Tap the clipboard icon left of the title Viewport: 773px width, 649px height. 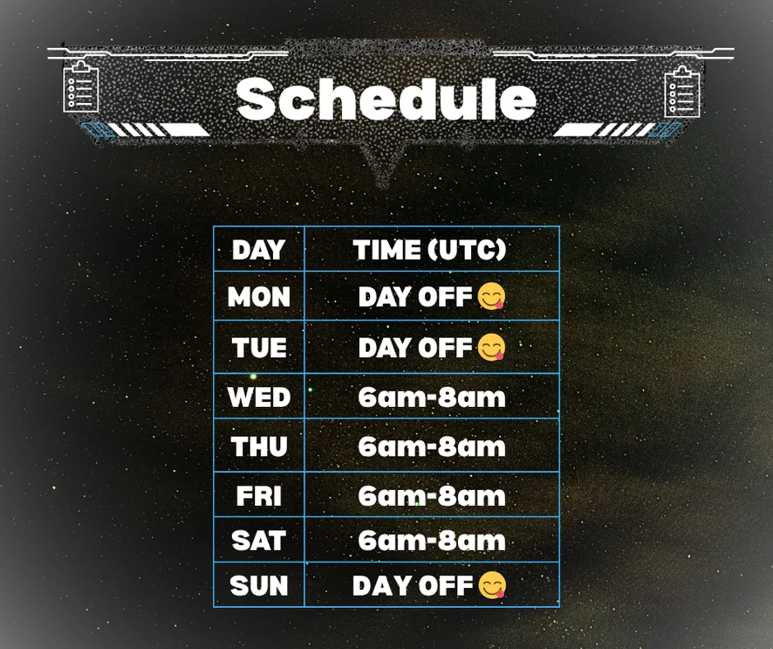[x=81, y=86]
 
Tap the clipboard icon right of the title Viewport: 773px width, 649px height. [x=681, y=92]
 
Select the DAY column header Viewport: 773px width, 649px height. [x=259, y=250]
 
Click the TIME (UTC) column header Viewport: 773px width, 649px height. [x=429, y=249]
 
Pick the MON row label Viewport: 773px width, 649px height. [x=259, y=297]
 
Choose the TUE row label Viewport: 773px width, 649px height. [x=259, y=348]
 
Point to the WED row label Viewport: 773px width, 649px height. [x=259, y=397]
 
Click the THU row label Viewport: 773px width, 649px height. [x=259, y=446]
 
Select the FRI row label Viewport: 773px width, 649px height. [x=259, y=496]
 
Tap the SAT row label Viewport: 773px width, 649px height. [x=259, y=541]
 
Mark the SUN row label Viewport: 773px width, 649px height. [x=259, y=586]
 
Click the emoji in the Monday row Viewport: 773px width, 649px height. [x=491, y=297]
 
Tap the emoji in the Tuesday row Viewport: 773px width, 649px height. [x=491, y=347]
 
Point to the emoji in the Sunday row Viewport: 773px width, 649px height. [x=492, y=585]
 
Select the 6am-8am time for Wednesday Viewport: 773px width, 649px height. [x=432, y=397]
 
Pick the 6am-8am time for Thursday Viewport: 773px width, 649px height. [x=432, y=447]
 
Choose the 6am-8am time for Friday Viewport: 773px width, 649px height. [x=432, y=496]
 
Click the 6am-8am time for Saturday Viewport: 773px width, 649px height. [x=432, y=542]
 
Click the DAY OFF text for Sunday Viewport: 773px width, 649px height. [x=413, y=586]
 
